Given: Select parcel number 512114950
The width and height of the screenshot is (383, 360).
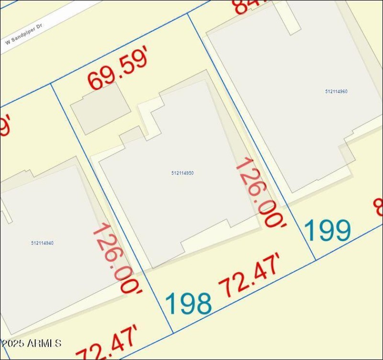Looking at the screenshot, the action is click(182, 173).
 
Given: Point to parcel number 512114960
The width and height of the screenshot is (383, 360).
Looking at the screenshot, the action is click(336, 92).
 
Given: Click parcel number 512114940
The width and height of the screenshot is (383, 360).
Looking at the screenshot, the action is click(42, 243).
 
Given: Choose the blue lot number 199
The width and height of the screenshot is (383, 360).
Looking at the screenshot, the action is click(328, 231).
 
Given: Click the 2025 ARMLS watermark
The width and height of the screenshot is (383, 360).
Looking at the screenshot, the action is click(32, 343).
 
